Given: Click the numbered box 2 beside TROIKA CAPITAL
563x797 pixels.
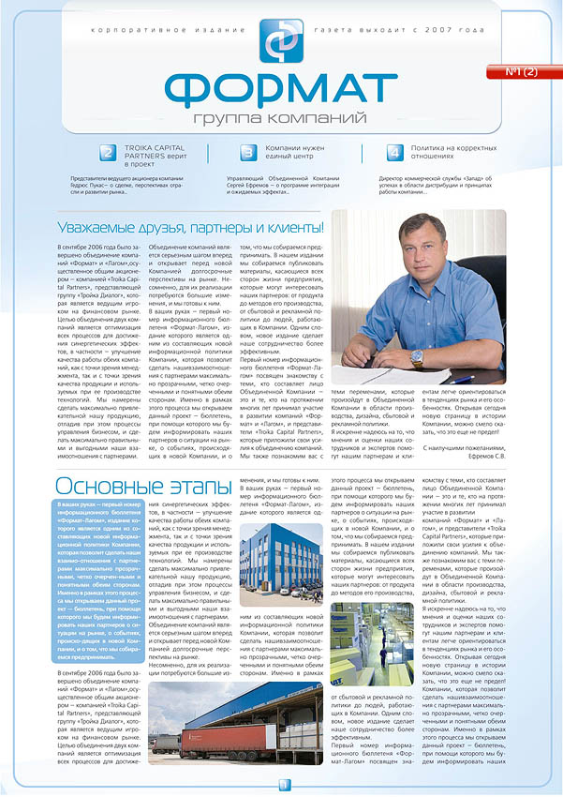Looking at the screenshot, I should coord(108,153).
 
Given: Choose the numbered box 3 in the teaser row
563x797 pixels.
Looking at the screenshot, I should coord(248,153).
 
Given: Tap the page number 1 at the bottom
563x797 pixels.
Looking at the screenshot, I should coord(282,785).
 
